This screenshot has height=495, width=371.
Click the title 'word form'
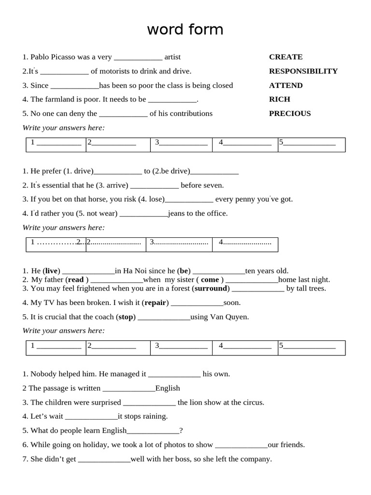click(x=185, y=30)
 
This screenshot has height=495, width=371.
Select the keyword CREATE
click(x=285, y=57)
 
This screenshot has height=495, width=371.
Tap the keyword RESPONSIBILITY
click(x=303, y=71)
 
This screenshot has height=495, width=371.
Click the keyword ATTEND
click(x=285, y=86)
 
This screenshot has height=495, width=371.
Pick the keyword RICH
click(x=279, y=100)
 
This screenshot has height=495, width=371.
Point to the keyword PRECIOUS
click(x=289, y=114)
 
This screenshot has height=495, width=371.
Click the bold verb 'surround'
click(x=211, y=289)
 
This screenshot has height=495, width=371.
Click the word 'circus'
click(x=253, y=402)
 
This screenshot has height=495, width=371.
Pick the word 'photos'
click(x=173, y=445)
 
